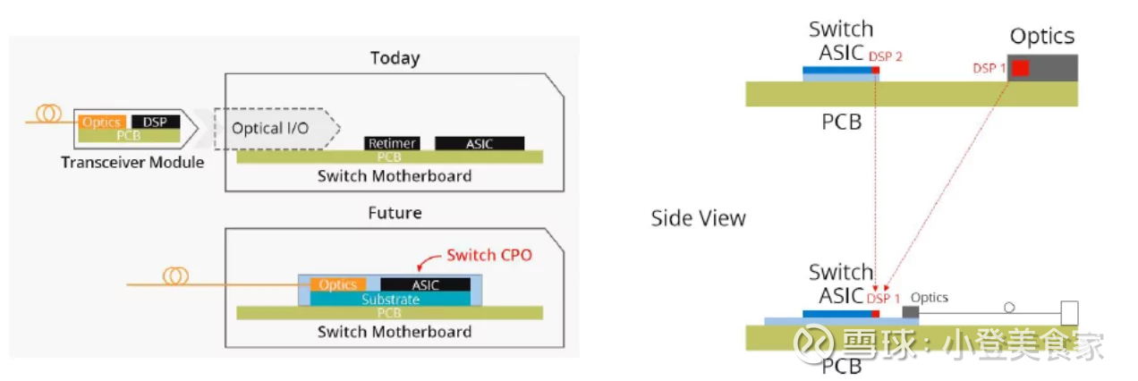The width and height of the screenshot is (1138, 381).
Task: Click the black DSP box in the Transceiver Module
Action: click(x=156, y=122)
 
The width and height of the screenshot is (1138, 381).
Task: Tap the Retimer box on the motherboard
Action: click(x=392, y=143)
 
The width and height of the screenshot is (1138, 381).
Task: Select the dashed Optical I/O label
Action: click(x=270, y=128)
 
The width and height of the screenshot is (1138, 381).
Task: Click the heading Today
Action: click(x=395, y=58)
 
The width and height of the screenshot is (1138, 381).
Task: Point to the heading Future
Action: click(x=395, y=212)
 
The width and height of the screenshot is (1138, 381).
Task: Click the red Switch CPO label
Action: click(x=489, y=255)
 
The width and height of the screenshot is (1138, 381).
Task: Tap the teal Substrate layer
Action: click(x=390, y=299)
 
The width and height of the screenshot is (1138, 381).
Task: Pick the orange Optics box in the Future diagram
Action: click(x=338, y=284)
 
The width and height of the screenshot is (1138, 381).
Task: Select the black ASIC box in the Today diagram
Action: click(x=480, y=144)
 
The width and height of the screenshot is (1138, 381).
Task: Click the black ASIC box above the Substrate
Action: click(x=425, y=284)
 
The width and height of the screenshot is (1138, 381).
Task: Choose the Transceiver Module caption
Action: click(x=132, y=162)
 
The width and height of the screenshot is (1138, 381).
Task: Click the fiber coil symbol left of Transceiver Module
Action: click(x=49, y=114)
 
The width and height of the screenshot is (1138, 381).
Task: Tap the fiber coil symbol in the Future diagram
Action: click(x=175, y=276)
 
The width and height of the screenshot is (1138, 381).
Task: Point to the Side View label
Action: click(x=699, y=218)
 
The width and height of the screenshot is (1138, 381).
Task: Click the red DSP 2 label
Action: click(x=886, y=56)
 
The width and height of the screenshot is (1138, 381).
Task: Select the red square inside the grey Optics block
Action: click(x=1020, y=68)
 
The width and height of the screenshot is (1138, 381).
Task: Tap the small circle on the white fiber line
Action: click(x=1009, y=308)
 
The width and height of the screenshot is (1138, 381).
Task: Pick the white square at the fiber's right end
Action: click(x=1069, y=313)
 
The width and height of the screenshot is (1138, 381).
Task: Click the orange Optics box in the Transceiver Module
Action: click(x=102, y=122)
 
